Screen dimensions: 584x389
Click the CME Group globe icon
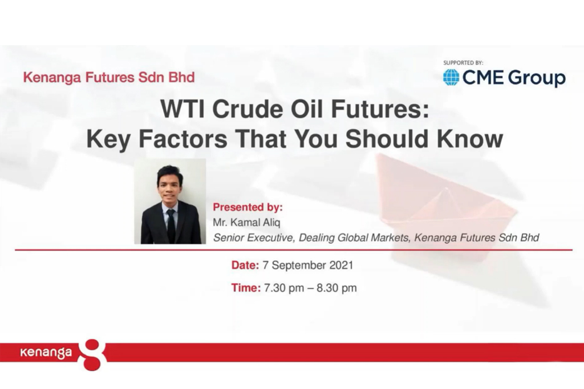[x=451, y=77]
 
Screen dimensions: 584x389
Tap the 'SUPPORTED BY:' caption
[x=463, y=63]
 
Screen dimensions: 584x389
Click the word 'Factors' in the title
[x=183, y=139]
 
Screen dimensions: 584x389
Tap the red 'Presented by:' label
[x=248, y=207]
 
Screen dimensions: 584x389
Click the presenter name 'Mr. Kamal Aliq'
[x=246, y=222]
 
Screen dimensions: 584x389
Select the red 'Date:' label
[x=245, y=265]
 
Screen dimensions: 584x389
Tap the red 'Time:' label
[x=246, y=288]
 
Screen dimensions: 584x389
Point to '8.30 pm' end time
[x=336, y=288]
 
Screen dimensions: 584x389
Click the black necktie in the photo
[x=171, y=225]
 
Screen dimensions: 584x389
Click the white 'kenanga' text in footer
[x=46, y=352]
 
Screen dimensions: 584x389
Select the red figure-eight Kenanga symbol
[x=92, y=355]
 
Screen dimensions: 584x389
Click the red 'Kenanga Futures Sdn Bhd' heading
[x=109, y=77]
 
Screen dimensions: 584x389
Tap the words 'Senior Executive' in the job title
[x=253, y=238]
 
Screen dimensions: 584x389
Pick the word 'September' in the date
[x=295, y=266]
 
